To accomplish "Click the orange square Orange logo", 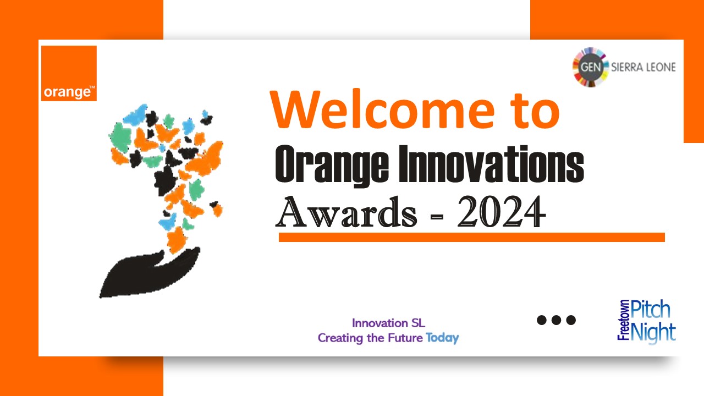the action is click(x=69, y=73).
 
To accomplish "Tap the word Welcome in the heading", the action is click(x=382, y=109).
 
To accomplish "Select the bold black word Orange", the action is click(x=332, y=166).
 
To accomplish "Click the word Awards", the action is click(x=346, y=212).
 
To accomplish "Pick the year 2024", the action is click(x=501, y=212).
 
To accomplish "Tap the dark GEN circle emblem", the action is click(x=591, y=67).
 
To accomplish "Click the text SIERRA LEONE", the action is click(x=643, y=67).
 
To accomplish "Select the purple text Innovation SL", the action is click(x=388, y=323).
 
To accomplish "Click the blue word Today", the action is click(x=443, y=338).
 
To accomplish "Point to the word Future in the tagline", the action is click(x=405, y=338).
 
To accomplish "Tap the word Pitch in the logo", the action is click(x=651, y=310).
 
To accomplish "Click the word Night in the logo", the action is click(x=653, y=333).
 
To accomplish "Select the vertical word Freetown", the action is click(x=624, y=320).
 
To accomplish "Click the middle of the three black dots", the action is click(x=556, y=320).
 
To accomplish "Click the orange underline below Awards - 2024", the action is click(x=472, y=237).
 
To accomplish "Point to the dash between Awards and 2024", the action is click(x=437, y=216).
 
